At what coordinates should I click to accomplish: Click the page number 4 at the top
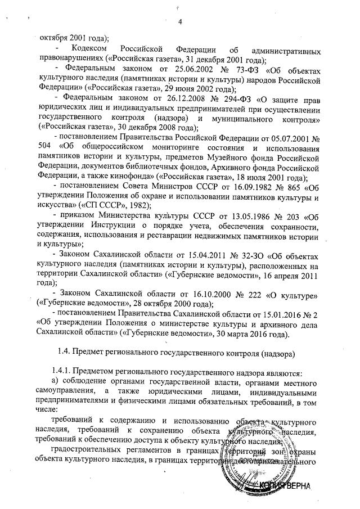[181, 22]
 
